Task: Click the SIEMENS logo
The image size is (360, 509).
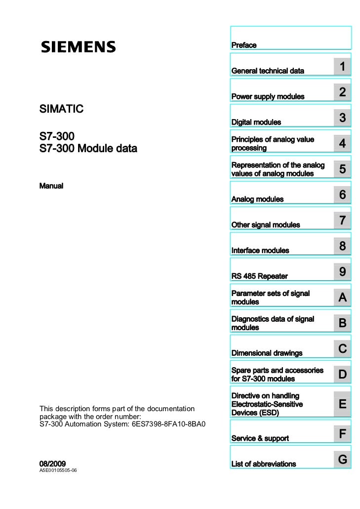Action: click(78, 47)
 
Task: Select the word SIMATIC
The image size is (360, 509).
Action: click(61, 108)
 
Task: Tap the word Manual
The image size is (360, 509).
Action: click(51, 186)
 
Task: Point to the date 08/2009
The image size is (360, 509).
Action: click(52, 464)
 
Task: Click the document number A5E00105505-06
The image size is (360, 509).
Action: click(58, 471)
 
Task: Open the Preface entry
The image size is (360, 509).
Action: click(244, 45)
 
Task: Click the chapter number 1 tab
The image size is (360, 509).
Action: click(342, 67)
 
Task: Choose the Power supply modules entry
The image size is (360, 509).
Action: click(268, 96)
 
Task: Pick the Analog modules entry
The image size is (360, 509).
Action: click(257, 199)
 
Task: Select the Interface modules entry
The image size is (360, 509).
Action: click(260, 251)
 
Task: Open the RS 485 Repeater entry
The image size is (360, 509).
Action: click(259, 276)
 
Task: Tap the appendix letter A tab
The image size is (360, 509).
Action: click(342, 298)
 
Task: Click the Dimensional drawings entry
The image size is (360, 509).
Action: click(267, 353)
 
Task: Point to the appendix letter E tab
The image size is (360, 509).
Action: click(342, 404)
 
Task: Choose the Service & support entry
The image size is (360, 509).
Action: click(260, 438)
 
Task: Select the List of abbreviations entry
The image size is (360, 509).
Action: click(264, 464)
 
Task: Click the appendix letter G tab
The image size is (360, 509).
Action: click(342, 460)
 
